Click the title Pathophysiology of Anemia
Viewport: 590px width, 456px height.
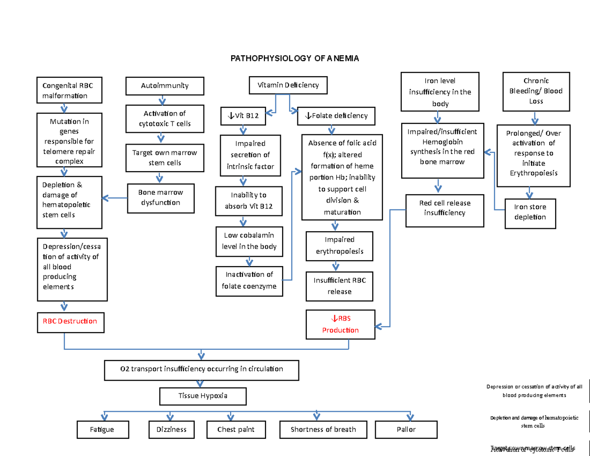coord(295,59)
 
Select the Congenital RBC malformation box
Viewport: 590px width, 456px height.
coord(69,91)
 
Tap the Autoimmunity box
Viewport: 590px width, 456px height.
coord(164,86)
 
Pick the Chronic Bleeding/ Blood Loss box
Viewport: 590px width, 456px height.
coord(535,91)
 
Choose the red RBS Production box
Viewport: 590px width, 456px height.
coord(340,325)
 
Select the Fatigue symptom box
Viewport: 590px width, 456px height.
coord(102,429)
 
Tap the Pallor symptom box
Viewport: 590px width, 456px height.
coord(406,429)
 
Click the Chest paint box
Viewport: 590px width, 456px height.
coord(236,429)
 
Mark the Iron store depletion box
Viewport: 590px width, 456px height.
coord(530,213)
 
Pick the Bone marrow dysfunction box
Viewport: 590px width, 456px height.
coord(160,198)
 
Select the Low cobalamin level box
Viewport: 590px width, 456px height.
coord(250,241)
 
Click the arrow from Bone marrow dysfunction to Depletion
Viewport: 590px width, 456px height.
coord(115,198)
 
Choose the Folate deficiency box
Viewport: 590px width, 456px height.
coord(337,116)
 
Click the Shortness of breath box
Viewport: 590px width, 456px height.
coord(323,429)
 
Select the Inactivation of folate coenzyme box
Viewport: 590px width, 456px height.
coord(249,281)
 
